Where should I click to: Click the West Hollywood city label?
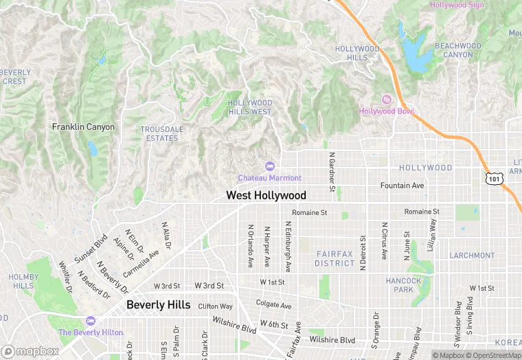(x=266, y=196)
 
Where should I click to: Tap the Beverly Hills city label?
(x=158, y=305)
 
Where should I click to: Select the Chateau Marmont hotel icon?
(x=269, y=166)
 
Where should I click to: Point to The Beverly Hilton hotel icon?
(x=90, y=321)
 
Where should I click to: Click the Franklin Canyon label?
(x=83, y=127)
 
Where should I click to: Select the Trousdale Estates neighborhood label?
(x=161, y=133)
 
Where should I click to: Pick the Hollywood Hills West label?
(x=249, y=107)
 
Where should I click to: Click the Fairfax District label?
(x=335, y=258)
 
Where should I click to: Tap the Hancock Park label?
(x=404, y=285)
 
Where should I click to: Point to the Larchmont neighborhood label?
(x=472, y=256)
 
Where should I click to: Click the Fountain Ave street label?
(x=402, y=185)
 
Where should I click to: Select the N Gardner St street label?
(x=331, y=172)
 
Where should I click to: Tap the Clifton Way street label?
(x=215, y=306)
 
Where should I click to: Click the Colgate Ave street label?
(x=273, y=305)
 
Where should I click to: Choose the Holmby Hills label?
(x=23, y=282)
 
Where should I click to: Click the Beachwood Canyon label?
(x=458, y=49)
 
